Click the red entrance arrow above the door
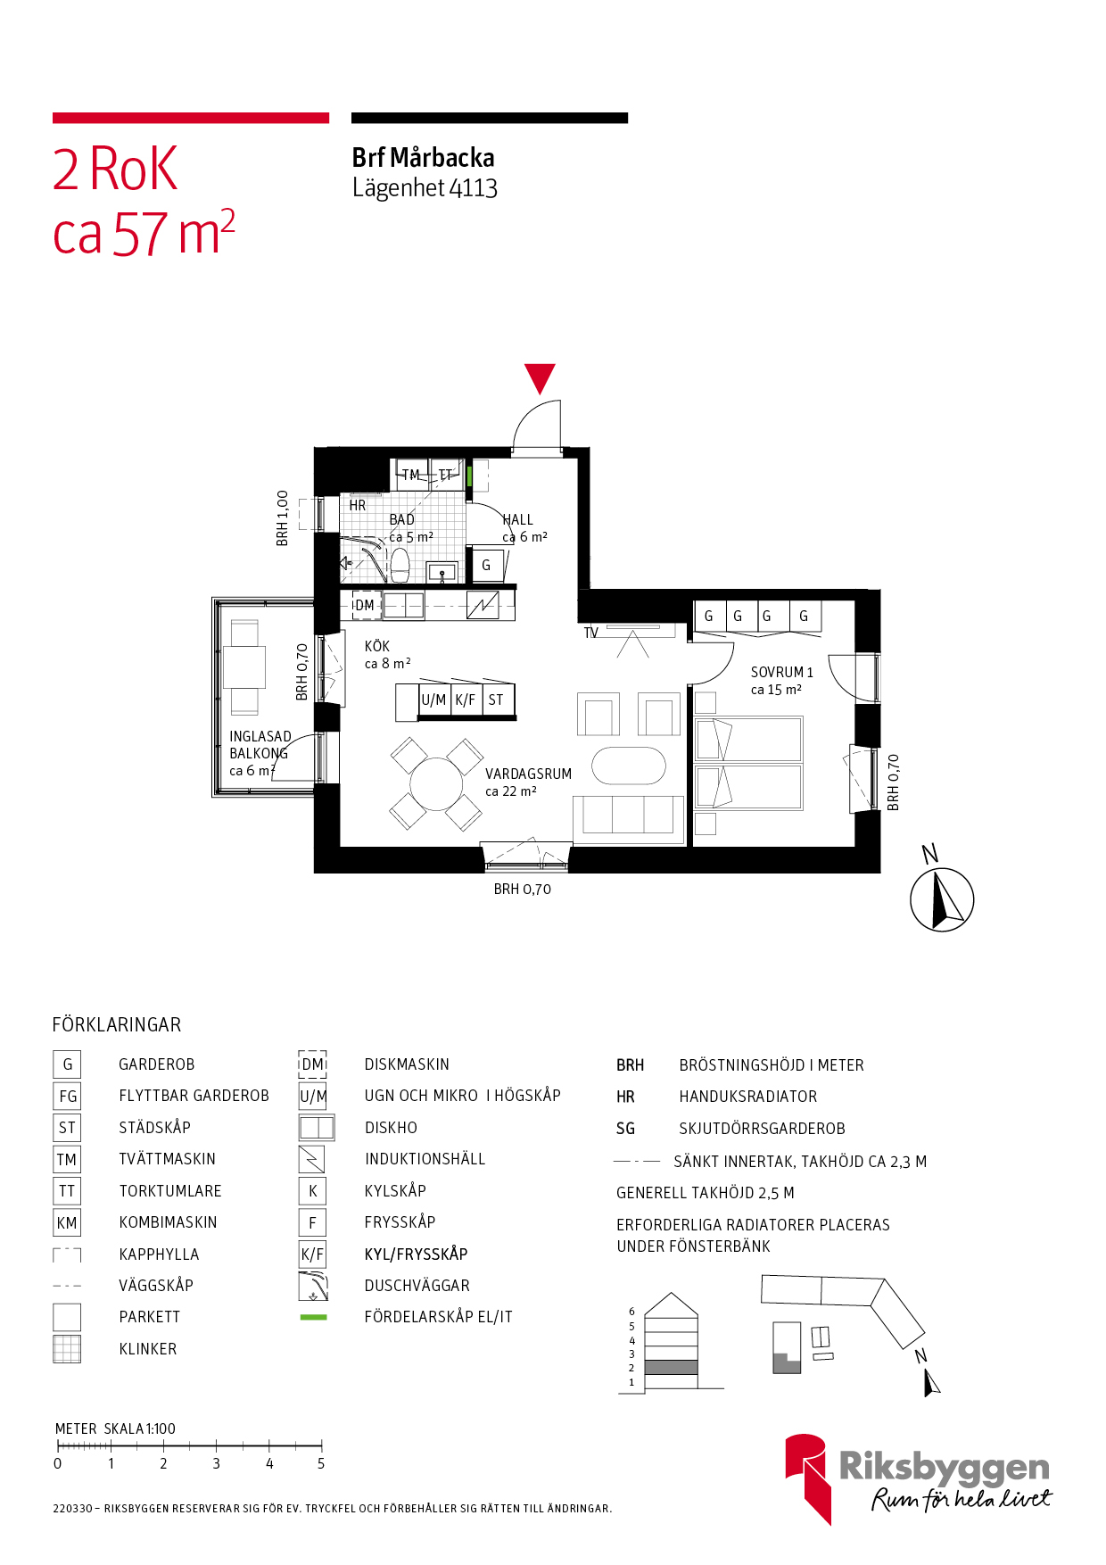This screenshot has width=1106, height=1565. tap(540, 377)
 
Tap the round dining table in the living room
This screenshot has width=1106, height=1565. tap(436, 783)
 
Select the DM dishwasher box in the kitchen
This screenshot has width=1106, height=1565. tap(365, 605)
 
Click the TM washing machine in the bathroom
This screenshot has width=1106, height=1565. tap(410, 474)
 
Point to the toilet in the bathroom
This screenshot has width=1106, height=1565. tap(400, 564)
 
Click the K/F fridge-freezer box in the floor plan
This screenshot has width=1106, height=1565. tap(466, 700)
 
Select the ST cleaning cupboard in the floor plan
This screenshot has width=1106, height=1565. tap(497, 700)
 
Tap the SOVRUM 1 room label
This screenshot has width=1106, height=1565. tap(781, 672)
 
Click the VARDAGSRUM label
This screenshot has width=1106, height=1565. tap(528, 774)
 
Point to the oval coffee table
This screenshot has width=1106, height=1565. tap(629, 766)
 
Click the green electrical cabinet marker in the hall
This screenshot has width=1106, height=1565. tap(469, 475)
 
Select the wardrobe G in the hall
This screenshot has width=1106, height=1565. tap(486, 565)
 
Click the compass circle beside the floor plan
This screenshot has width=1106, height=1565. tap(941, 899)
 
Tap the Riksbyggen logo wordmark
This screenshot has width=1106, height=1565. tap(944, 1467)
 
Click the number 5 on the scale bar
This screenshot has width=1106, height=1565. tap(321, 1463)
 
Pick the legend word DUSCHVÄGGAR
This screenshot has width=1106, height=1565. tap(417, 1286)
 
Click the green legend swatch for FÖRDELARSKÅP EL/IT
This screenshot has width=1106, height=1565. tap(313, 1317)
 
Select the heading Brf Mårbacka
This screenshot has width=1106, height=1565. tap(423, 158)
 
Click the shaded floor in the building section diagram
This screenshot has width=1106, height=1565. tap(671, 1367)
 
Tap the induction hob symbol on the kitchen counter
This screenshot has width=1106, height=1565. tap(483, 605)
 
